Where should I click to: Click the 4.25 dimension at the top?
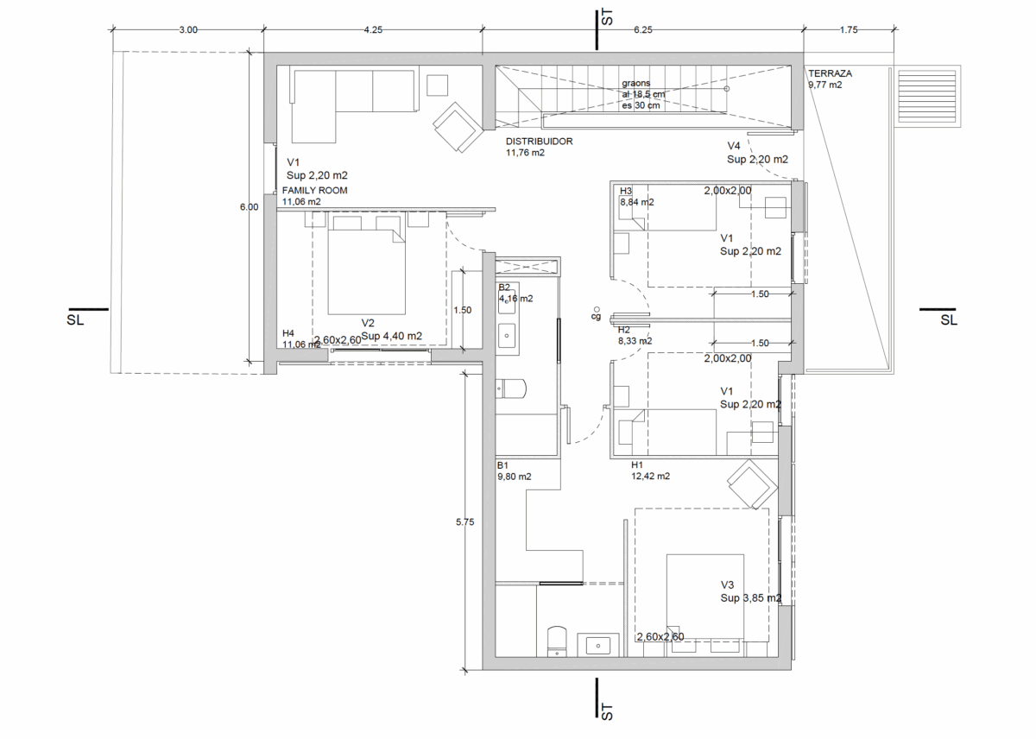373,29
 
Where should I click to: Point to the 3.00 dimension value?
188,29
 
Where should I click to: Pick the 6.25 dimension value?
643,29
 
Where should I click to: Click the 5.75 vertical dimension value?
464,522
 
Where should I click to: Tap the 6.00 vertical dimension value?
249,207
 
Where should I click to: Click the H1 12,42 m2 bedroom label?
650,471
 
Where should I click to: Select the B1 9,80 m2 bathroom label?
514,471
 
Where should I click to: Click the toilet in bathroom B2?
510,388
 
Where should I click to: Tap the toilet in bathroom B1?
557,641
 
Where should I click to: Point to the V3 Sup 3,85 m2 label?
750,591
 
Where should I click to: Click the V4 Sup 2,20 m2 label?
757,153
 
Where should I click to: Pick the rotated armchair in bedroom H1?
752,484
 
